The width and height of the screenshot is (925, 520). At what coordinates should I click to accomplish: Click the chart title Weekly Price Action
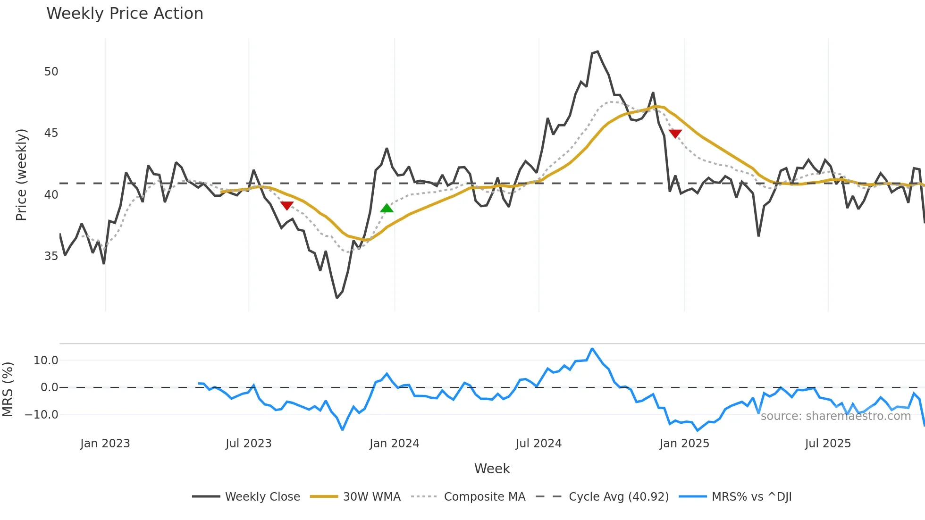tap(125, 14)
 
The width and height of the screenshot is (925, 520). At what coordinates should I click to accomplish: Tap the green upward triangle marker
tap(387, 208)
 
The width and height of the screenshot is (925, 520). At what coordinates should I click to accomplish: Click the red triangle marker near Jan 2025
tap(675, 134)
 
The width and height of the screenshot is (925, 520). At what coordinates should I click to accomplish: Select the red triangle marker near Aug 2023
tap(287, 206)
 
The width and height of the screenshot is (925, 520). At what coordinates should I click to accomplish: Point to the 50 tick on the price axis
tap(51, 72)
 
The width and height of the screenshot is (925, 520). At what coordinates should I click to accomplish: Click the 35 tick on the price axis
tap(51, 256)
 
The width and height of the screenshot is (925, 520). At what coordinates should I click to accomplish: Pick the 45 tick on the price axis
tap(51, 133)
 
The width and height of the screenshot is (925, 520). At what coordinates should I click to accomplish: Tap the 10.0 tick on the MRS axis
tap(46, 361)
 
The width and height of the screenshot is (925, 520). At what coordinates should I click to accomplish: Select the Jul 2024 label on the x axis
tap(538, 444)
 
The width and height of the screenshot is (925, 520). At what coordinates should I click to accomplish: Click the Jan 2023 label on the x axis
tap(105, 444)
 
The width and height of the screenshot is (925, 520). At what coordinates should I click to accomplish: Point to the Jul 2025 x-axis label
tap(828, 444)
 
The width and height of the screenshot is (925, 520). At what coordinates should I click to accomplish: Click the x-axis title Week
tap(492, 469)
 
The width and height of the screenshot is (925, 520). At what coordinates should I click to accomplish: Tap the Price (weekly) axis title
tap(22, 175)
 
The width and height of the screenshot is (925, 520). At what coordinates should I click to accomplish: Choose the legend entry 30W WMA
tap(371, 497)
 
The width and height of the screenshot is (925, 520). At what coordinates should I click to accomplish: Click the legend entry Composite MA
tap(484, 497)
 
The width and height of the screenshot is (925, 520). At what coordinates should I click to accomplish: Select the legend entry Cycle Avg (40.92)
tap(618, 497)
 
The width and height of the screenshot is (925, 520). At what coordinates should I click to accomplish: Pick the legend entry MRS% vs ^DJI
tap(751, 497)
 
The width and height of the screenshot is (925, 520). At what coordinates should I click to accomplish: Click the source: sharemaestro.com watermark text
tap(835, 416)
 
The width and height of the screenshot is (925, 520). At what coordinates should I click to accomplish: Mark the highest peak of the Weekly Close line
tap(597, 51)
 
